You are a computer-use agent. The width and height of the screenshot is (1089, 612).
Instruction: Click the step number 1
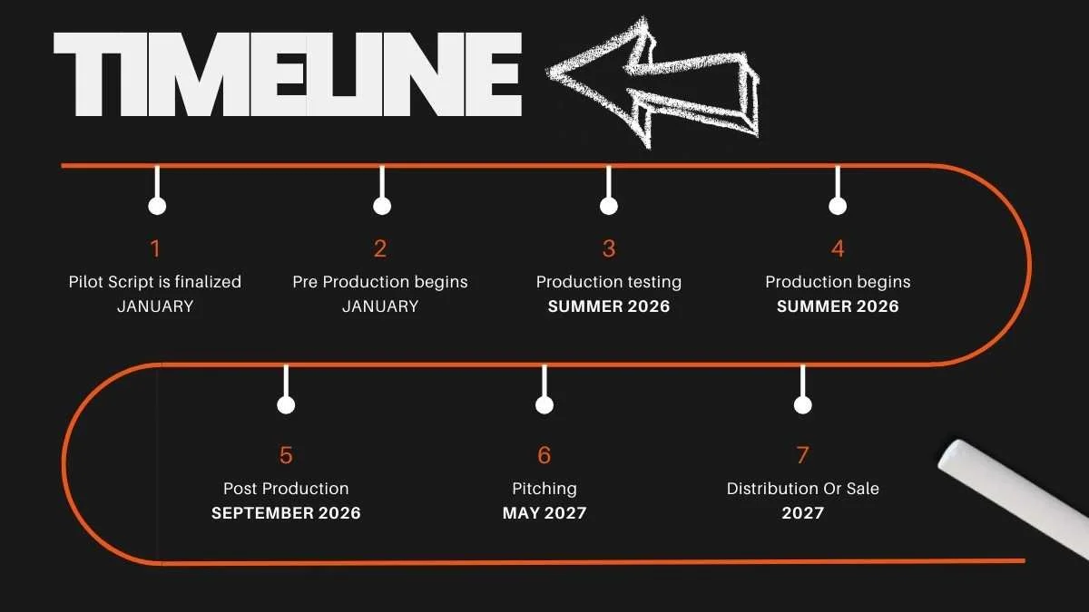tap(155, 248)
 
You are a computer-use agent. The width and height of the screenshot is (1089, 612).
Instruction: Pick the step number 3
tap(609, 248)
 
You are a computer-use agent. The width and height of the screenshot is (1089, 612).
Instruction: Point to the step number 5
tap(286, 455)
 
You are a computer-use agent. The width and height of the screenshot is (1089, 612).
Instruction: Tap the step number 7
tap(802, 455)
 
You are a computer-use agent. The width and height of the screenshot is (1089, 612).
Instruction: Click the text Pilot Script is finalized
tap(155, 282)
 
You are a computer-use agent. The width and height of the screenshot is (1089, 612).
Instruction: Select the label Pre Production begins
tap(380, 282)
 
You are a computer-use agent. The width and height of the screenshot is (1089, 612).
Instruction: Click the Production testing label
tap(609, 282)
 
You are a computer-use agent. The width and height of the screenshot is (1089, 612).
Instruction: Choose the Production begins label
tap(838, 282)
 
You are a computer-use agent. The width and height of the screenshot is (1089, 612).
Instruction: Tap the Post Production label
tap(286, 489)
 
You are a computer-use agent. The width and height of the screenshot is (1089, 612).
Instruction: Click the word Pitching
tap(544, 489)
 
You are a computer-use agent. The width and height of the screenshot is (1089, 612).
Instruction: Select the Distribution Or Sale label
tap(802, 489)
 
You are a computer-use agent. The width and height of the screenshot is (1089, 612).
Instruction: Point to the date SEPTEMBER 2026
tap(286, 513)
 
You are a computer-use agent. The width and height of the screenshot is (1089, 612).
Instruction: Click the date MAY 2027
tap(544, 513)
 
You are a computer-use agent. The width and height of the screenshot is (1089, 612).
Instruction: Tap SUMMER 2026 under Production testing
tap(609, 306)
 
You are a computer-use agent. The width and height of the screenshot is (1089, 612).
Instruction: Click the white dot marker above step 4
tap(838, 207)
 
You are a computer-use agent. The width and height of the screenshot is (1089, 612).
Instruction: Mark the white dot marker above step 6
tap(544, 405)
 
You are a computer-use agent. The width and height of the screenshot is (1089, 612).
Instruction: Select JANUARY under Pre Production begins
tap(380, 306)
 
